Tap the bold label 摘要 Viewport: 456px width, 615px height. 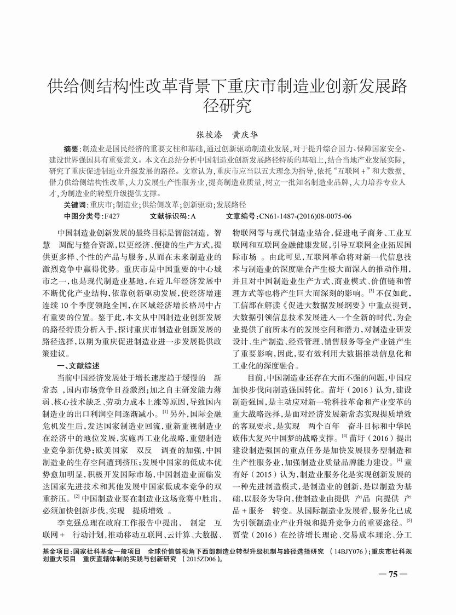coord(71,149)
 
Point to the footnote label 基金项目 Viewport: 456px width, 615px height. coord(57,550)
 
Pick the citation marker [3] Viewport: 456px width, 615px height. coord(371,291)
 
